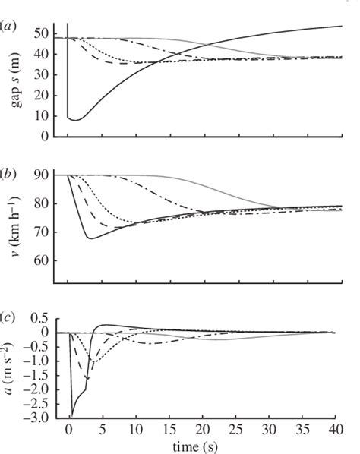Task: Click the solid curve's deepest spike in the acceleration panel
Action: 72,415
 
